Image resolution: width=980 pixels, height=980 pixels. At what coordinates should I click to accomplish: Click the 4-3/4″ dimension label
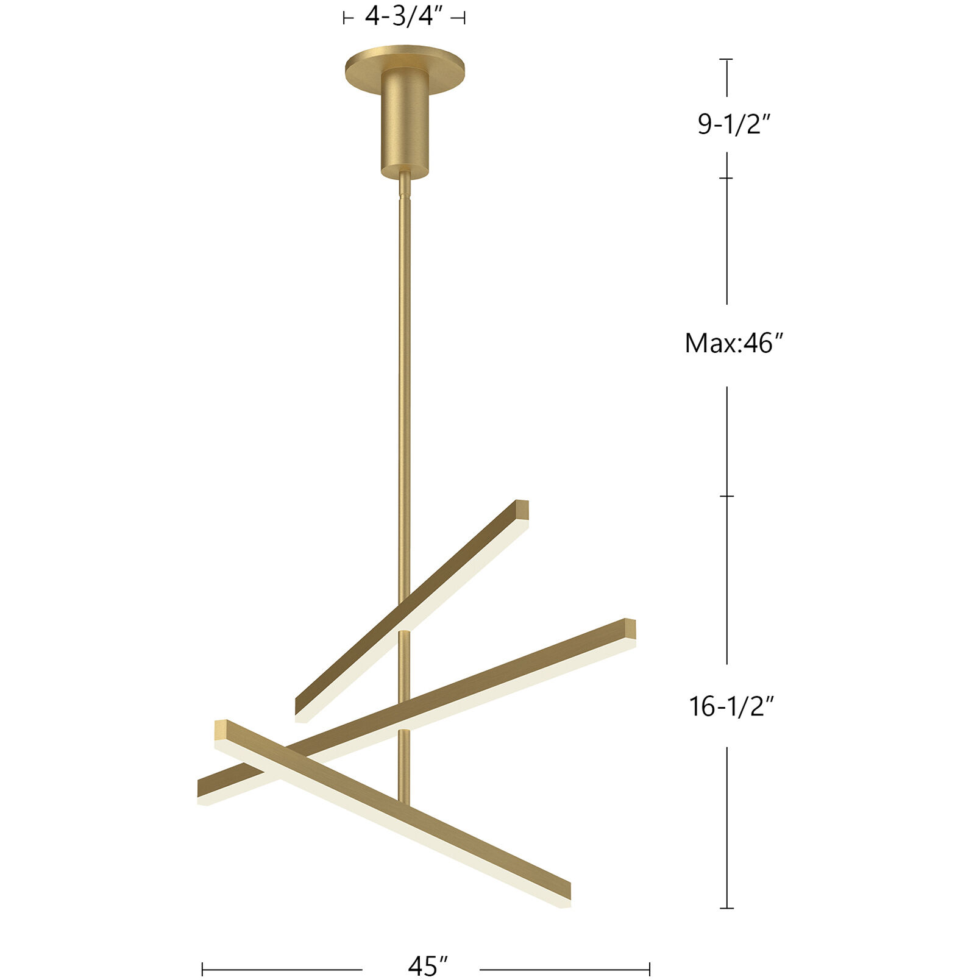[403, 16]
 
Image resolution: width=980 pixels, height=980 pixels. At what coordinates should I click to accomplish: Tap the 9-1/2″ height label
[734, 125]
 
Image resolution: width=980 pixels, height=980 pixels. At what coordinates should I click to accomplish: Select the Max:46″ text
[733, 344]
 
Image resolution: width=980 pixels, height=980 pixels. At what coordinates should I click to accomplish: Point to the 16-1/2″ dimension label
[731, 707]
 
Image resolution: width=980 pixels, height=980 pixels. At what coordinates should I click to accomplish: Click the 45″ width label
[428, 965]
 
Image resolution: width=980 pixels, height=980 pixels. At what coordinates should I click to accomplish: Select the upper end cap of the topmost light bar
[522, 510]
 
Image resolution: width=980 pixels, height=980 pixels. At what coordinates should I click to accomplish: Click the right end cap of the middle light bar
[630, 628]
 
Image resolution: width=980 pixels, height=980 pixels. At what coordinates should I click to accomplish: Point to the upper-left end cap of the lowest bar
[221, 730]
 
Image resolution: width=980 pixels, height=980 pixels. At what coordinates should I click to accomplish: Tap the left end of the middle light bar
[204, 790]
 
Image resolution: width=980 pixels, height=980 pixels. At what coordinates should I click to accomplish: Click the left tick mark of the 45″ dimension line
[202, 968]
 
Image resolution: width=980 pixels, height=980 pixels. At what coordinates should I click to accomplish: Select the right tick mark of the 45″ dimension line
[650, 968]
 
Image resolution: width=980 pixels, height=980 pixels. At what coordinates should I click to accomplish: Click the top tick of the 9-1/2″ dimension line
[726, 59]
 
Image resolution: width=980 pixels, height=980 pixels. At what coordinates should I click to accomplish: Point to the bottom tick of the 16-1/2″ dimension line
[726, 908]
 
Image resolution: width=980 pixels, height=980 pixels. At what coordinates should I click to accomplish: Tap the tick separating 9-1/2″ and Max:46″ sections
[726, 178]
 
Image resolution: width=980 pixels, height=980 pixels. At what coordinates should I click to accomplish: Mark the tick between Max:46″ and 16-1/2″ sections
[726, 496]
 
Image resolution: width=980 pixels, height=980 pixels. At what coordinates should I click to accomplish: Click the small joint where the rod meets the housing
[404, 194]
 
